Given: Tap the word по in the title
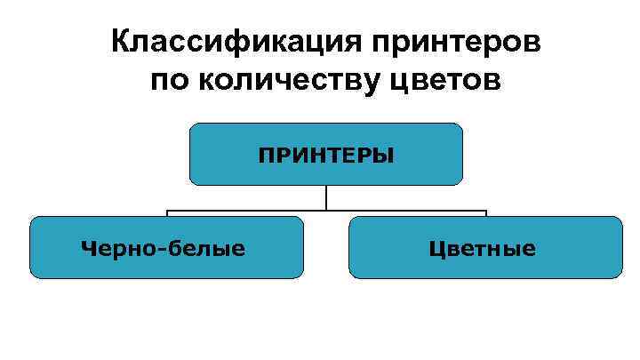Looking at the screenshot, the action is [x=170, y=82].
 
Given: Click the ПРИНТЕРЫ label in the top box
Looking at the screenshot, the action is [x=326, y=156].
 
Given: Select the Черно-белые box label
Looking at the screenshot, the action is [x=164, y=248].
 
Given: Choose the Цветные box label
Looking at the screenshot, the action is [x=483, y=248].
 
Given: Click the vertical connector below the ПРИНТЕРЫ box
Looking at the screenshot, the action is [x=326, y=197].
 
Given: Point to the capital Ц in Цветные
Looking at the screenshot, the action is [x=436, y=249].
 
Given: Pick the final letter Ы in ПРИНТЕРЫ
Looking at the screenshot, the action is [x=385, y=156].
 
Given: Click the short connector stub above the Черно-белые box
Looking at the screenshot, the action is [x=168, y=214].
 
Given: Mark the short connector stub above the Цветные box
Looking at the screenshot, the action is [x=486, y=214].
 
